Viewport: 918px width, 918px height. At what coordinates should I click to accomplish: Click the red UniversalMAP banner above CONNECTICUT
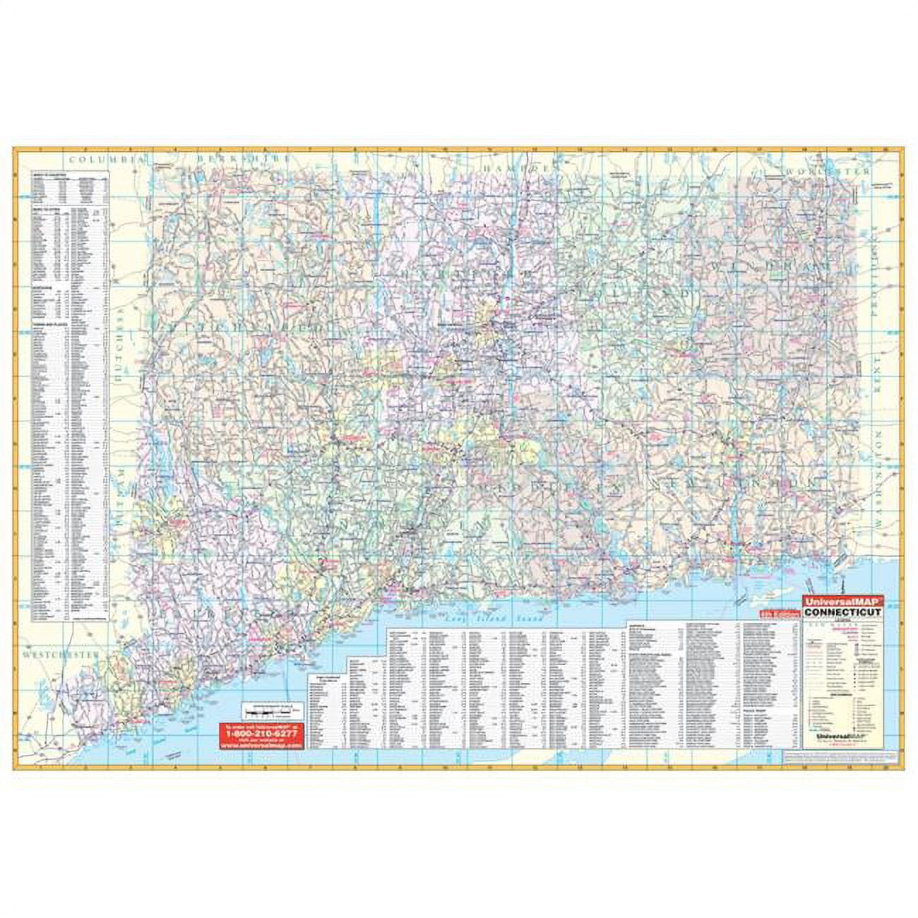point(840,602)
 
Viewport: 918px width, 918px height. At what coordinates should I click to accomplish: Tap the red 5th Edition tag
point(781,616)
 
